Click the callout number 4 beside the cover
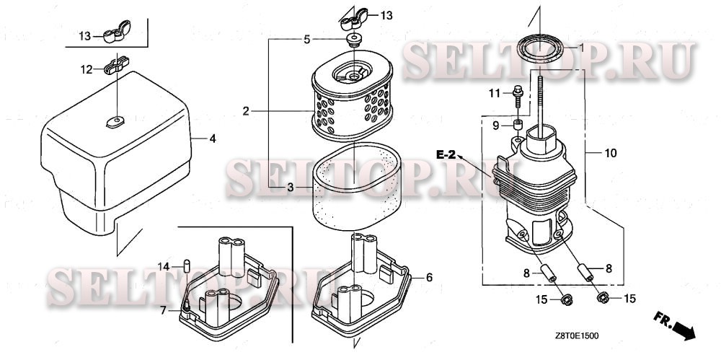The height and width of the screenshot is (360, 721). (213, 139)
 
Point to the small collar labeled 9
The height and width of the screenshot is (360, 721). (518, 125)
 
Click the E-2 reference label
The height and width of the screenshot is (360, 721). (446, 155)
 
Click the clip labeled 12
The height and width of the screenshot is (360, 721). (118, 66)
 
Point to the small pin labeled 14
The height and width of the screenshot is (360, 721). (187, 266)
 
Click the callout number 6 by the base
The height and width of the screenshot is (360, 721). (429, 277)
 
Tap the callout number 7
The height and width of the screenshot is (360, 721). (163, 310)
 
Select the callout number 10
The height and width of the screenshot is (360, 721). (610, 153)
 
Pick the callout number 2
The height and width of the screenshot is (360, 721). (246, 111)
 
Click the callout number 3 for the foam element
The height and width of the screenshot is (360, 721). (290, 188)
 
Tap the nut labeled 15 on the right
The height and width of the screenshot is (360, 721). (602, 298)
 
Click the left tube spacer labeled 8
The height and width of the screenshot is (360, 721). (548, 272)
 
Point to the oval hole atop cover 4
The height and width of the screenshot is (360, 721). (115, 120)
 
